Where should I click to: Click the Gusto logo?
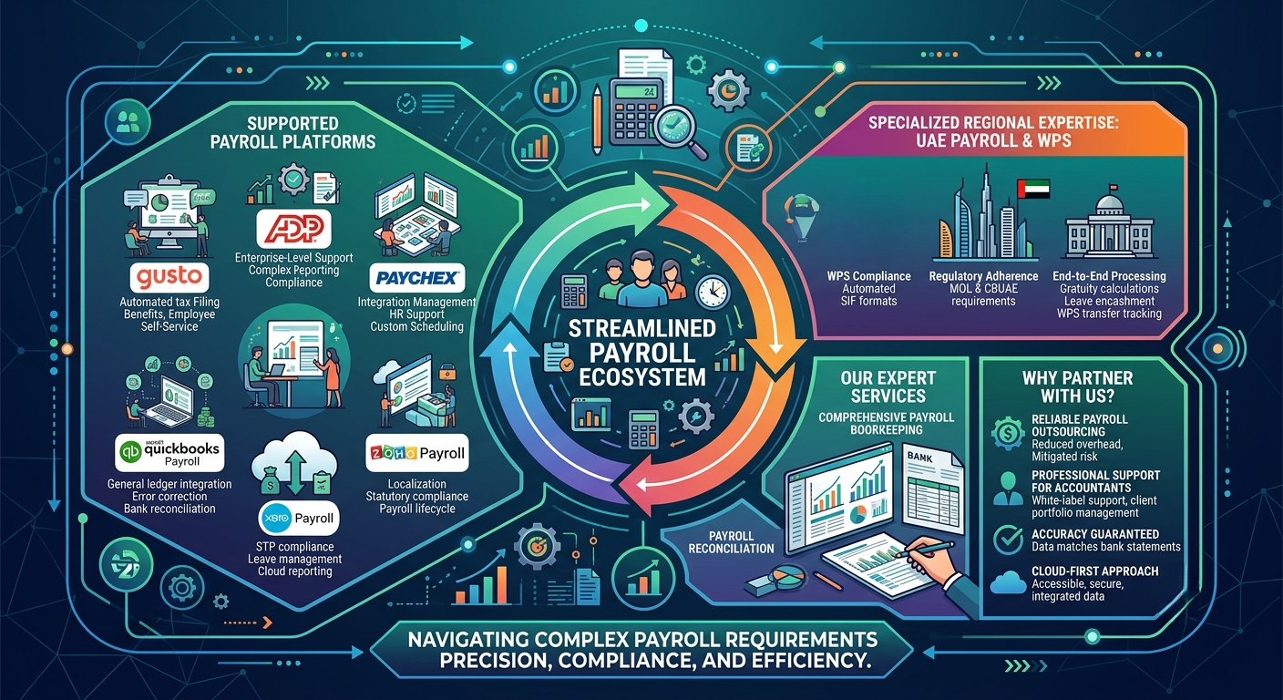coord(169,278)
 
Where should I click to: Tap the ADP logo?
coord(293,229)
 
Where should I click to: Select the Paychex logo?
coord(417,278)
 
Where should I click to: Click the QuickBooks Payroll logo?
coord(169,452)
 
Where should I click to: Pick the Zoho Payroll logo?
coord(417,453)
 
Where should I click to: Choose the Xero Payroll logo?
coord(298,518)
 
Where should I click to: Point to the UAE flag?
coord(1032,189)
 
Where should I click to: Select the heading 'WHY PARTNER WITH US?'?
coord(1077,386)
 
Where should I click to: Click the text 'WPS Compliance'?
coord(868,276)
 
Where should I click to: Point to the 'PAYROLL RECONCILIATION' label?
coord(731,542)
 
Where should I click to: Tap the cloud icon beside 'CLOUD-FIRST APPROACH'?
coord(1008,583)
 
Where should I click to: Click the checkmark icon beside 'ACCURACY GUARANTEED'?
coord(1008,539)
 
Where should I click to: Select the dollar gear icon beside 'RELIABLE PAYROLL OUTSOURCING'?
coord(1008,433)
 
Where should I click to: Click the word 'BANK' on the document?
coord(919,457)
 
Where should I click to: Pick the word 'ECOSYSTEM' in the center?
coord(642,377)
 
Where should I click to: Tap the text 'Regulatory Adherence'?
coord(983,276)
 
